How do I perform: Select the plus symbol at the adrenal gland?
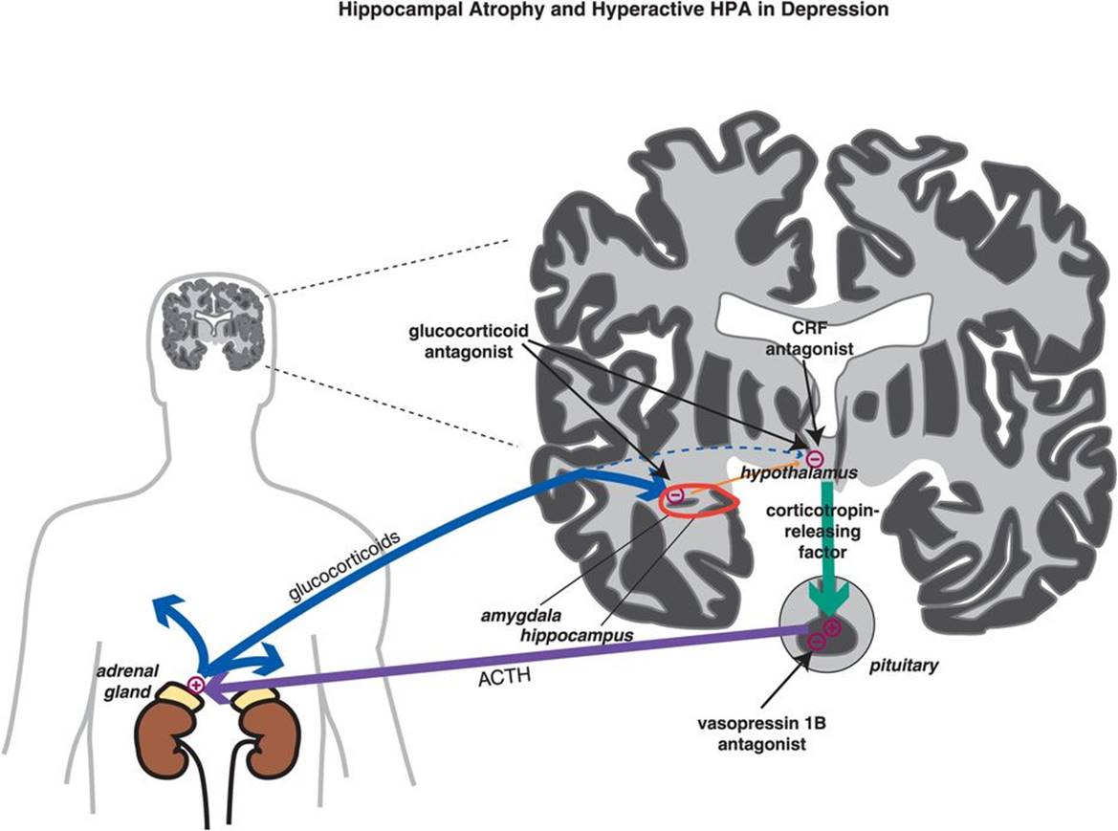tap(196, 684)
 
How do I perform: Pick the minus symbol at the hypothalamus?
tap(814, 458)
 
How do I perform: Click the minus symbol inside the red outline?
tap(675, 495)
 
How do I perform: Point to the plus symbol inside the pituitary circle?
tap(831, 627)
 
